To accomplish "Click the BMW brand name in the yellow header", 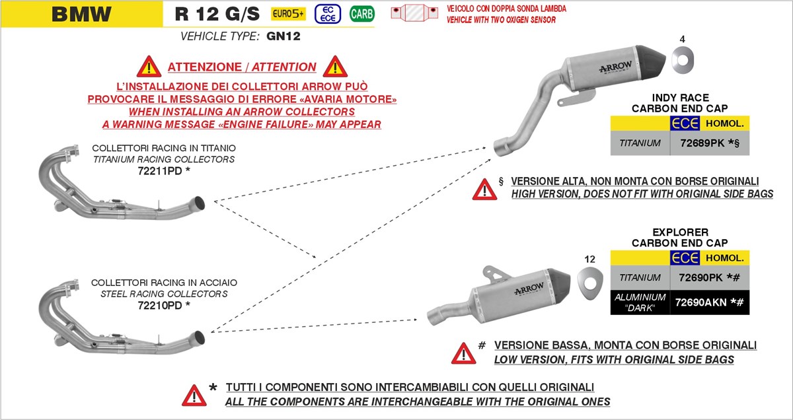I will [81, 13].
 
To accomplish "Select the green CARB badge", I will [361, 13].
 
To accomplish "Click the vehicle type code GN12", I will [283, 37].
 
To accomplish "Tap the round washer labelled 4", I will [683, 61].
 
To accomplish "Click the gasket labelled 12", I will [590, 281].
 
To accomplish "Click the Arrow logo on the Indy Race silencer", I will [615, 67].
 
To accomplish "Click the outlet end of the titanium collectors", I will [199, 202].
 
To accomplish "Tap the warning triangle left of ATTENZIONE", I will [149, 67].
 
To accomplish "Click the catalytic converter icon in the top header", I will [415, 13].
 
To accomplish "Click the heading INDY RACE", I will [680, 97].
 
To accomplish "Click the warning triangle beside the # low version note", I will [463, 352].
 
